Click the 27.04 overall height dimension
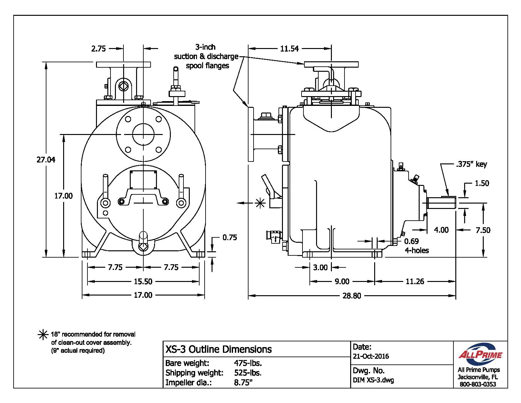(x=46, y=160)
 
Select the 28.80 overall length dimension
(x=351, y=296)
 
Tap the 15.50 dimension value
(x=143, y=281)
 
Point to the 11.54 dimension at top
(x=289, y=49)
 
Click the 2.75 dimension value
(x=98, y=49)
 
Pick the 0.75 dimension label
(x=230, y=237)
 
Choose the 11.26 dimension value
(x=415, y=281)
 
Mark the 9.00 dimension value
(x=342, y=281)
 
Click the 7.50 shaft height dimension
(x=483, y=230)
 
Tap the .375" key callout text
(x=471, y=164)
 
